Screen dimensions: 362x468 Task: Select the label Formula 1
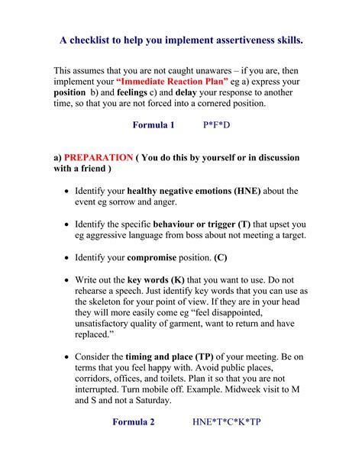[154, 124]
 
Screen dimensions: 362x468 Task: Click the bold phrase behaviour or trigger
[193, 224]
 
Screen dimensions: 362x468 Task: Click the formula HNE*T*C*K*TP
[227, 421]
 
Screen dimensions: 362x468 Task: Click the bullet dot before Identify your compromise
[68, 258]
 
